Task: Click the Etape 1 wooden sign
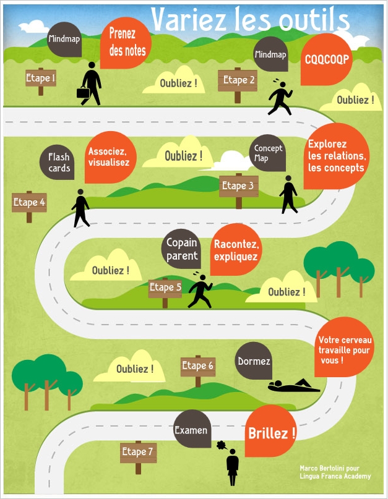41,79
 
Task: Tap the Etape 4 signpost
29,202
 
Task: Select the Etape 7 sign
137,452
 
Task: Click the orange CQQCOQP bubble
326,60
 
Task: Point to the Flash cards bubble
59,162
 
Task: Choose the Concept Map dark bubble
268,153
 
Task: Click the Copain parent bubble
182,249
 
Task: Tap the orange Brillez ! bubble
271,432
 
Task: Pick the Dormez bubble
254,361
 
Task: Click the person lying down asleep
293,386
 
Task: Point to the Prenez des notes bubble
127,41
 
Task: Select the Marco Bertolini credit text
335,472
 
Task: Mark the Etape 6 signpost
197,367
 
